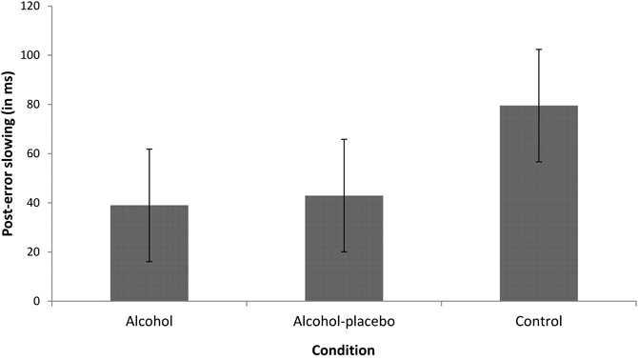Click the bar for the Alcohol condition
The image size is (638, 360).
click(x=149, y=253)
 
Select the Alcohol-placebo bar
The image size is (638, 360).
click(x=344, y=249)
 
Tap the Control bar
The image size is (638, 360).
click(x=539, y=203)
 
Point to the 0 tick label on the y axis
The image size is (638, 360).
click(x=36, y=301)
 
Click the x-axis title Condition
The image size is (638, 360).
click(x=344, y=349)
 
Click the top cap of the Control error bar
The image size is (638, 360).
click(x=539, y=50)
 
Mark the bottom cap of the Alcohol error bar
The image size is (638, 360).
click(x=149, y=262)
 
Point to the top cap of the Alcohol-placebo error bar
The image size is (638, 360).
click(x=344, y=139)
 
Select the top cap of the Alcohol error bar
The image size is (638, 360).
click(x=149, y=150)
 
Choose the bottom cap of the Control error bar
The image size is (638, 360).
click(x=539, y=162)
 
